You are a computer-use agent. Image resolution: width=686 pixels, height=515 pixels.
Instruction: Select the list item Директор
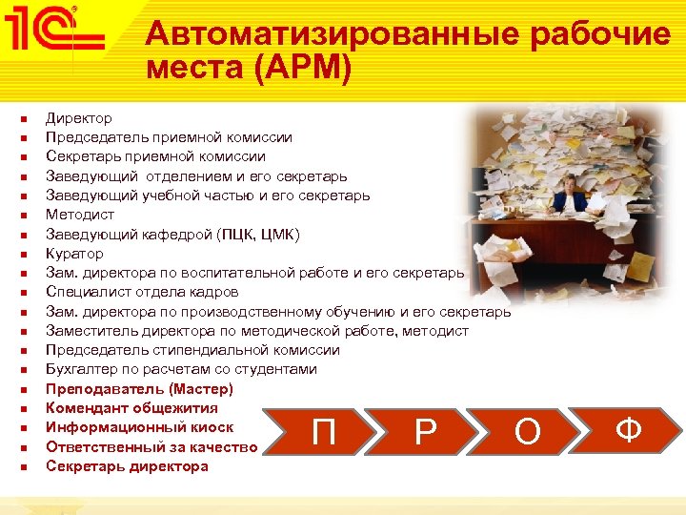79,118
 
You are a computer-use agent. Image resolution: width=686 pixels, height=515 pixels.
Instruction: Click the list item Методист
79,215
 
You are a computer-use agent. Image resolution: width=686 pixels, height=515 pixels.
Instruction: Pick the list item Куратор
74,254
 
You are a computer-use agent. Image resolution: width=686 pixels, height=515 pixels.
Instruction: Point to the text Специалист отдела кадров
142,292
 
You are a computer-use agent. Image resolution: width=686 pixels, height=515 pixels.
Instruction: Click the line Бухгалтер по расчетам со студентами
181,369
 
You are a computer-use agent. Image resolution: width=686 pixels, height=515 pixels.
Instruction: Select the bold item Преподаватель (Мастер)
139,389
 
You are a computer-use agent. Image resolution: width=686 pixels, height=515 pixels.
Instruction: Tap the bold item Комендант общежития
131,408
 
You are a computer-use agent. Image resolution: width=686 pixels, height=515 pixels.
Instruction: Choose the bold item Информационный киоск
139,427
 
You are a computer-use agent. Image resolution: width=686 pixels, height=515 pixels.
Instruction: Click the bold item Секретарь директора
127,466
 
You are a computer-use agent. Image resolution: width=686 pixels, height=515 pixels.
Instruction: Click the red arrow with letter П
324,432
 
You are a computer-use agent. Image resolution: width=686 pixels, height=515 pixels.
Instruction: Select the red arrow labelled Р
425,432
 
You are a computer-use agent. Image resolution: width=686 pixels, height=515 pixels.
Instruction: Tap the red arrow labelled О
526,432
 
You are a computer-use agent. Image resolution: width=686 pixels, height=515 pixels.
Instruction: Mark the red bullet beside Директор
24,119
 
